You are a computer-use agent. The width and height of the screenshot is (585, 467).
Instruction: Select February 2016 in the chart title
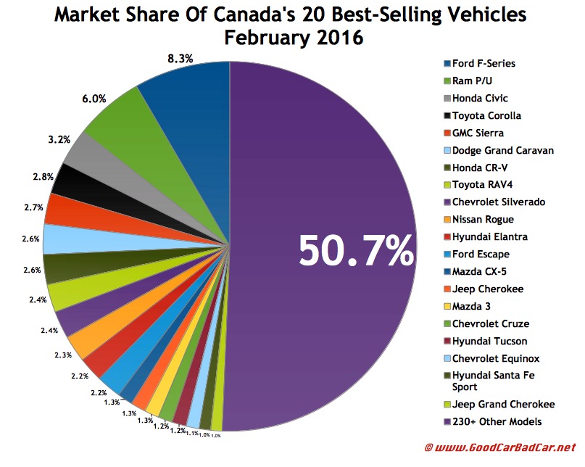coord(294,37)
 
